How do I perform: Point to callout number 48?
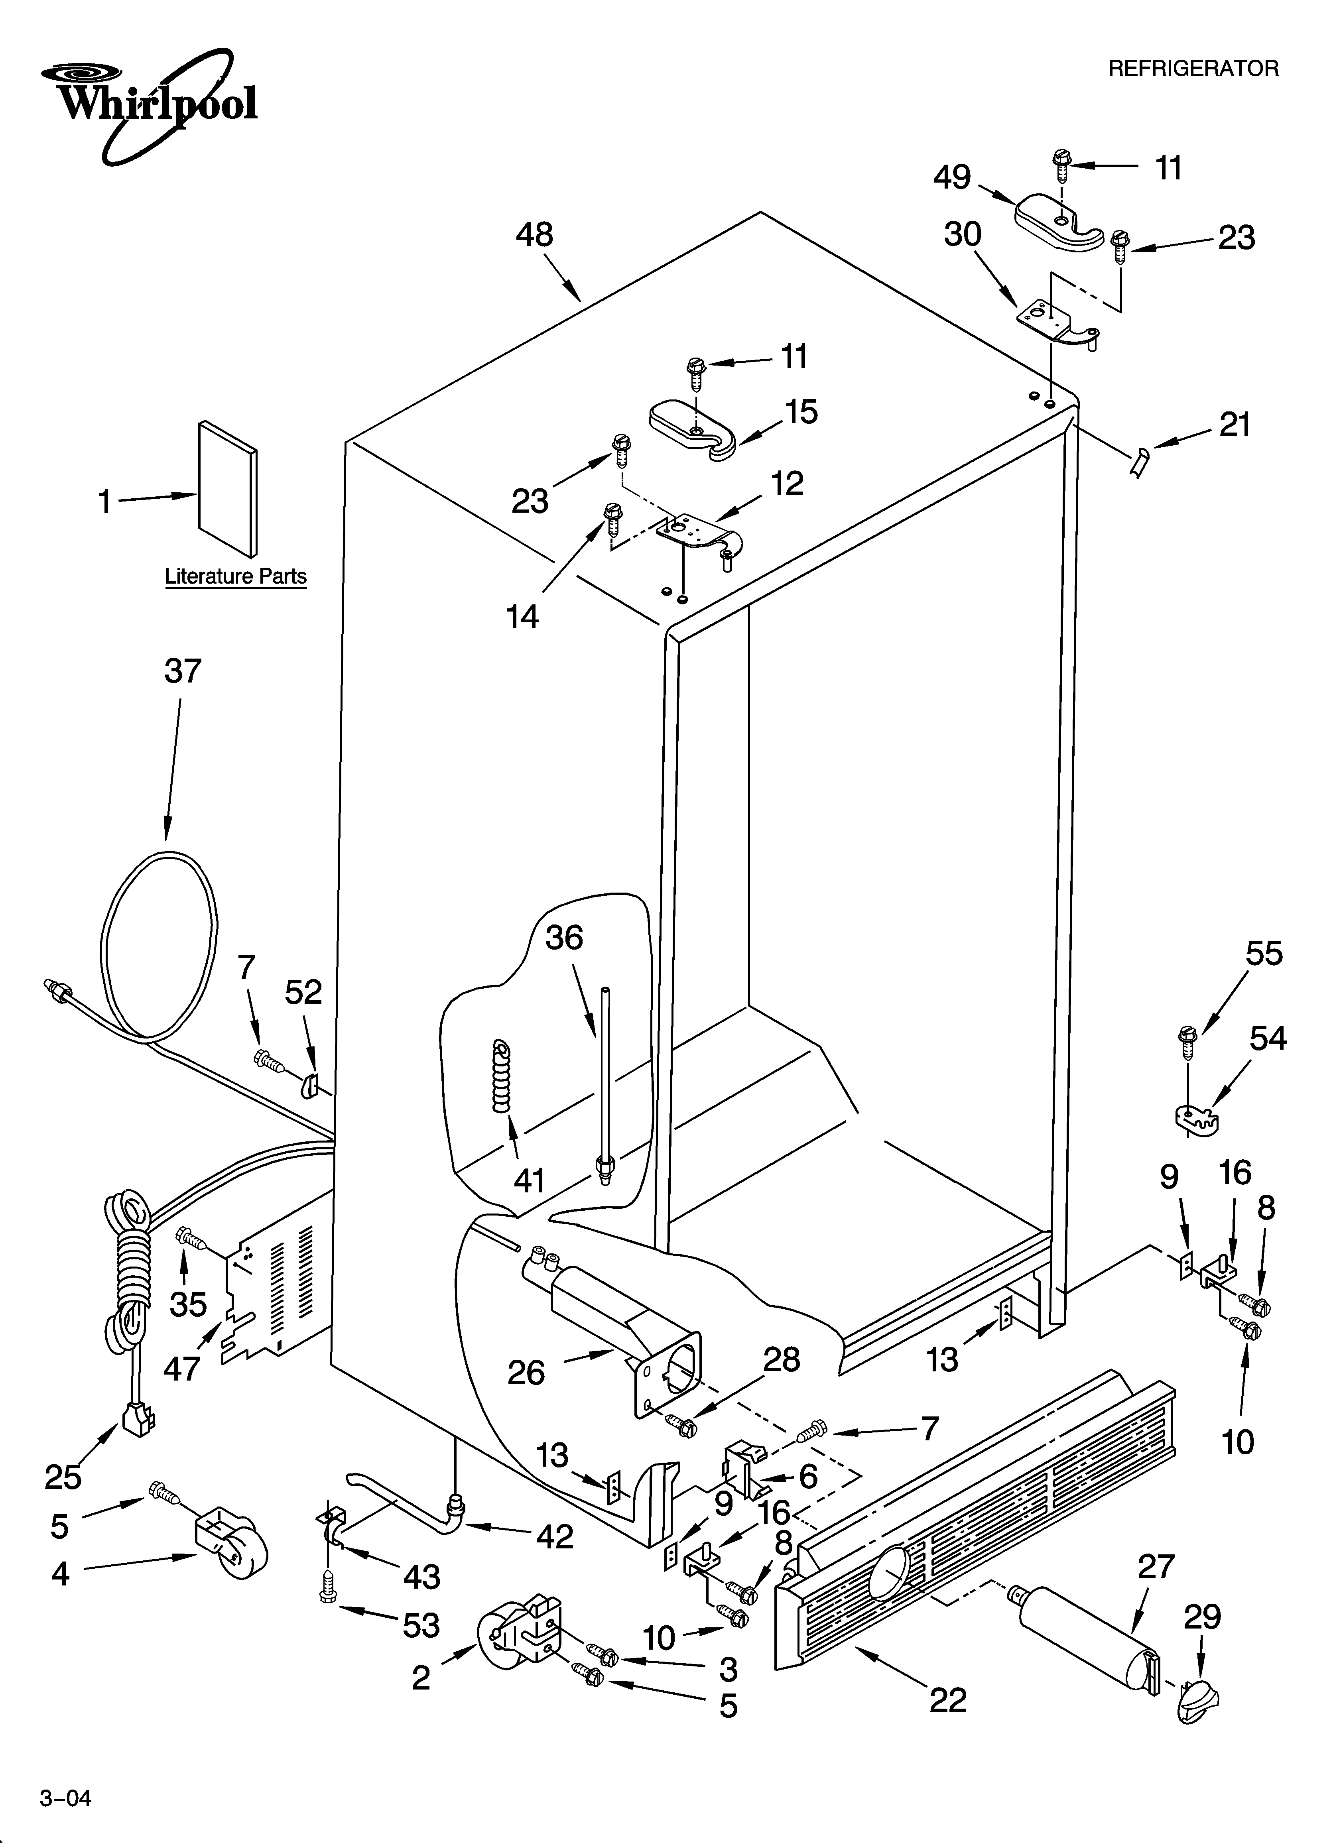534,236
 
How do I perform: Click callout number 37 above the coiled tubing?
182,671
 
